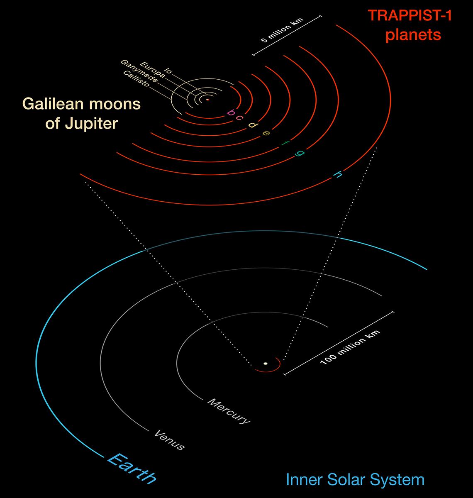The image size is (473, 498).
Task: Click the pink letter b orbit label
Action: pos(231,112)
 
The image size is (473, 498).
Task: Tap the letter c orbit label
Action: pos(239,117)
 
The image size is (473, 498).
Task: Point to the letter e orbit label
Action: pos(266,133)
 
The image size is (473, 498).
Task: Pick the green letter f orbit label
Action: pos(285,143)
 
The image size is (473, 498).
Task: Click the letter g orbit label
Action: pos(300,153)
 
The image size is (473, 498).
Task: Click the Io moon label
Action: pos(168,71)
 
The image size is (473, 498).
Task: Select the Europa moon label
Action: pos(153,70)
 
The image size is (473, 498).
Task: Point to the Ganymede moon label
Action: pos(139,71)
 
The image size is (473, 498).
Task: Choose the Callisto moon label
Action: pos(137,78)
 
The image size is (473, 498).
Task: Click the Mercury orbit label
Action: pos(229,411)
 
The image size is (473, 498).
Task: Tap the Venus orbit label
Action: pos(169,440)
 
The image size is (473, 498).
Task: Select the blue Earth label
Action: pos(132,469)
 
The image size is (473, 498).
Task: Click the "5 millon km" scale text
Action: pos(282,30)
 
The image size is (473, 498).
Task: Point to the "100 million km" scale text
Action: pos(350,347)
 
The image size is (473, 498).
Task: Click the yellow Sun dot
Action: pos(266,364)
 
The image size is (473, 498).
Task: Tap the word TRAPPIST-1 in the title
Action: pos(410,15)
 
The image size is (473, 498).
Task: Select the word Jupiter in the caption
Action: pos(91,124)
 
